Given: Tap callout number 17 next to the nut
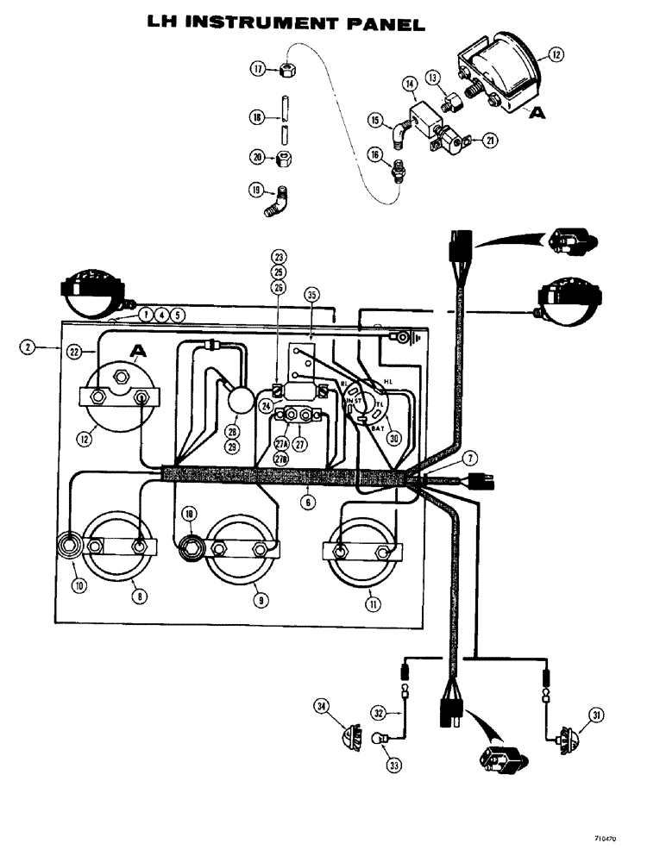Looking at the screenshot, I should coord(256,68).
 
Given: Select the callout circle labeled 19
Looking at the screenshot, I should coord(256,190).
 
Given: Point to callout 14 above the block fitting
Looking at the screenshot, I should coord(409,84).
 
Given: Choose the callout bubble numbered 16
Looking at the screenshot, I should coord(374,154).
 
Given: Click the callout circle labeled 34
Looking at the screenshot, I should coord(322,708).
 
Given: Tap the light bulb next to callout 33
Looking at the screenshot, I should coord(378,738).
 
